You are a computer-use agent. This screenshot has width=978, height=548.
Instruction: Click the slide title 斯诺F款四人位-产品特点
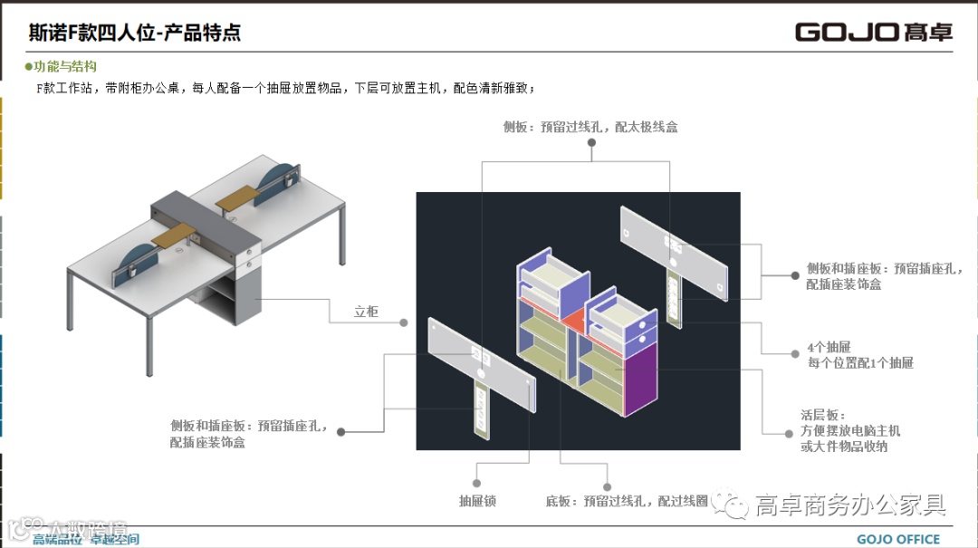[x=134, y=34]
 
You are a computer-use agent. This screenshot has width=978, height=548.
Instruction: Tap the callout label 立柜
[x=366, y=312]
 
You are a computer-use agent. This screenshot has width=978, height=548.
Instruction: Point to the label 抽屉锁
[x=477, y=501]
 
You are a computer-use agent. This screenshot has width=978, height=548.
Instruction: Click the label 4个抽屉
[x=829, y=347]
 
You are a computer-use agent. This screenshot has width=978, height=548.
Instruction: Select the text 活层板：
[x=822, y=416]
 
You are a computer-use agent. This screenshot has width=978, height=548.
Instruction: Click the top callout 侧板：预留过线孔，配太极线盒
[x=590, y=128]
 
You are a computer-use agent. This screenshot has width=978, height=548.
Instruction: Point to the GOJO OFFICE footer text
[x=898, y=539]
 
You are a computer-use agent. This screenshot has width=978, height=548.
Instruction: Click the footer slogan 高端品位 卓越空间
[x=86, y=540]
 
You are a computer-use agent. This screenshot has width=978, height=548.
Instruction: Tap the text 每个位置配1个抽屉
[x=860, y=363]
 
